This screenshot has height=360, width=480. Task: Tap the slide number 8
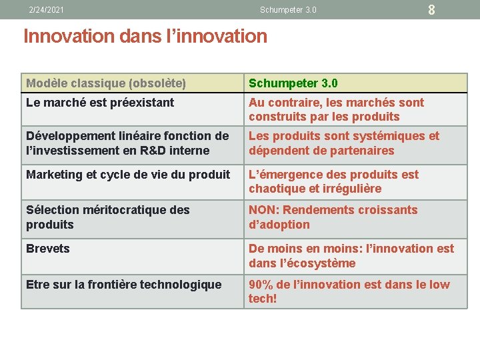click(431, 10)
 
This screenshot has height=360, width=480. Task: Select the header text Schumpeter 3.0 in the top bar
click(288, 10)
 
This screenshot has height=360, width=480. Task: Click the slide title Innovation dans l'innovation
click(145, 36)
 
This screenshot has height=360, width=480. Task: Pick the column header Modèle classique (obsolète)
click(106, 83)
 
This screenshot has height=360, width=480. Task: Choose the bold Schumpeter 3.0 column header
click(293, 83)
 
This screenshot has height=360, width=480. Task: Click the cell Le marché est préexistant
click(100, 103)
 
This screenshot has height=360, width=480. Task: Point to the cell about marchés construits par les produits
click(336, 109)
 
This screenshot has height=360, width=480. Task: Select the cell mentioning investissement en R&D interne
click(127, 143)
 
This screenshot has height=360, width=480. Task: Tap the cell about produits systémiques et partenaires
click(344, 143)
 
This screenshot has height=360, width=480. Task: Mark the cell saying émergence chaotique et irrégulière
click(333, 181)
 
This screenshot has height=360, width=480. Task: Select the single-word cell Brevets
click(48, 249)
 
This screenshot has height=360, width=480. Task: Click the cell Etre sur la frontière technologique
click(124, 285)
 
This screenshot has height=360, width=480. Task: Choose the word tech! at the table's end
click(263, 299)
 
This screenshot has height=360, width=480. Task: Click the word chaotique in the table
click(274, 189)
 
